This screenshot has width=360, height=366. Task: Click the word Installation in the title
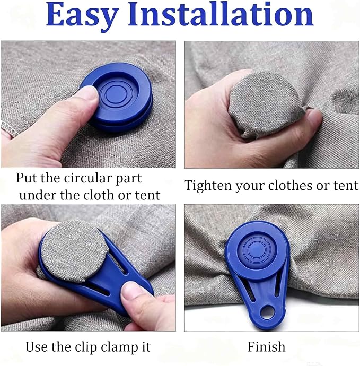(221, 14)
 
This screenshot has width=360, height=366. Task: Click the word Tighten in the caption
(208, 186)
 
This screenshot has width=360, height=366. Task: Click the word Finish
(267, 346)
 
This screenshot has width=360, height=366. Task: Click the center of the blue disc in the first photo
(116, 93)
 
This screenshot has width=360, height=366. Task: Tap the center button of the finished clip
(256, 249)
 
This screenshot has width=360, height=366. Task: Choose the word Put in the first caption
(27, 178)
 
